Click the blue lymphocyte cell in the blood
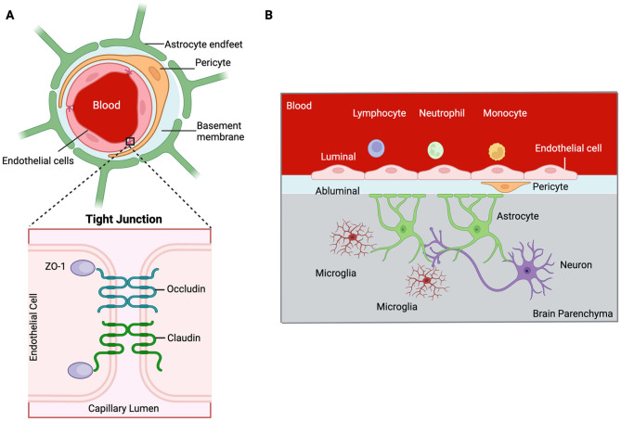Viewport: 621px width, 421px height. coord(376,148)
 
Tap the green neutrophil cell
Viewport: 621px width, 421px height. coord(435,150)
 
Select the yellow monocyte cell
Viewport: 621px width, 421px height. coord(497,151)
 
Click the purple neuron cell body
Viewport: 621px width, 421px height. coord(527,271)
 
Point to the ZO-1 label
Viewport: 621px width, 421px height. coord(55,266)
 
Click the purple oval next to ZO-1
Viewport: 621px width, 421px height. coord(83,267)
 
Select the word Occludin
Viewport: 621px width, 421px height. coord(187,288)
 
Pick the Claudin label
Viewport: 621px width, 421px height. coord(184,338)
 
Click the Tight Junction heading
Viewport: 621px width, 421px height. coord(124,219)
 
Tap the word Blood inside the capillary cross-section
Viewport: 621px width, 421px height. coord(107,106)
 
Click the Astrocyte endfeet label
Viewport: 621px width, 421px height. coord(203,45)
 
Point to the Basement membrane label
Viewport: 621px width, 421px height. coord(220,131)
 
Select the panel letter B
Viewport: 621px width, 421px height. coord(269,16)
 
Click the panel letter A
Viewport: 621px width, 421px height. coord(10,16)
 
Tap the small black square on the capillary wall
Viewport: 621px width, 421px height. coord(130,141)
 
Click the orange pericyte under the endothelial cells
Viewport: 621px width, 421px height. coord(505,186)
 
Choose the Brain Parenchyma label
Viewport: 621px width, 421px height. coord(573,313)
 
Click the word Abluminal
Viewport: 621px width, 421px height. coord(338,191)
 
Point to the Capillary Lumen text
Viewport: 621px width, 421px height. coord(123,408)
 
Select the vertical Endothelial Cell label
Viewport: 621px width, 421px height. coord(33,327)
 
